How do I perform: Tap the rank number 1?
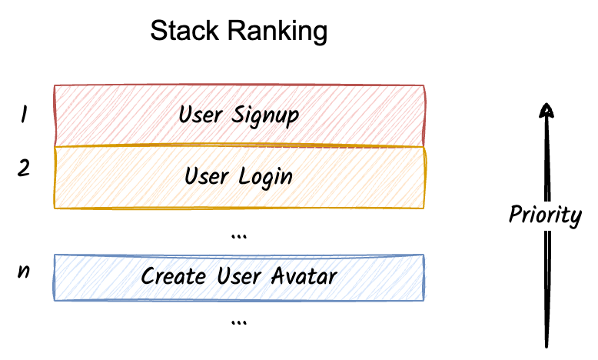tap(24, 115)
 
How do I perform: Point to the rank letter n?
tap(24, 272)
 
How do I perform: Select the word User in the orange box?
tap(207, 176)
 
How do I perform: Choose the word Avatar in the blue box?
tap(305, 275)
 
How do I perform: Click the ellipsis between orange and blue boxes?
tap(238, 235)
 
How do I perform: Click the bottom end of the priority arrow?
tap(547, 346)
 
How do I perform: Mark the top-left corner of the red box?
tap(55, 86)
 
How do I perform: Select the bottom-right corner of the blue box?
tap(424, 298)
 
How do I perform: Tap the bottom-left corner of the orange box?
tap(55, 208)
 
